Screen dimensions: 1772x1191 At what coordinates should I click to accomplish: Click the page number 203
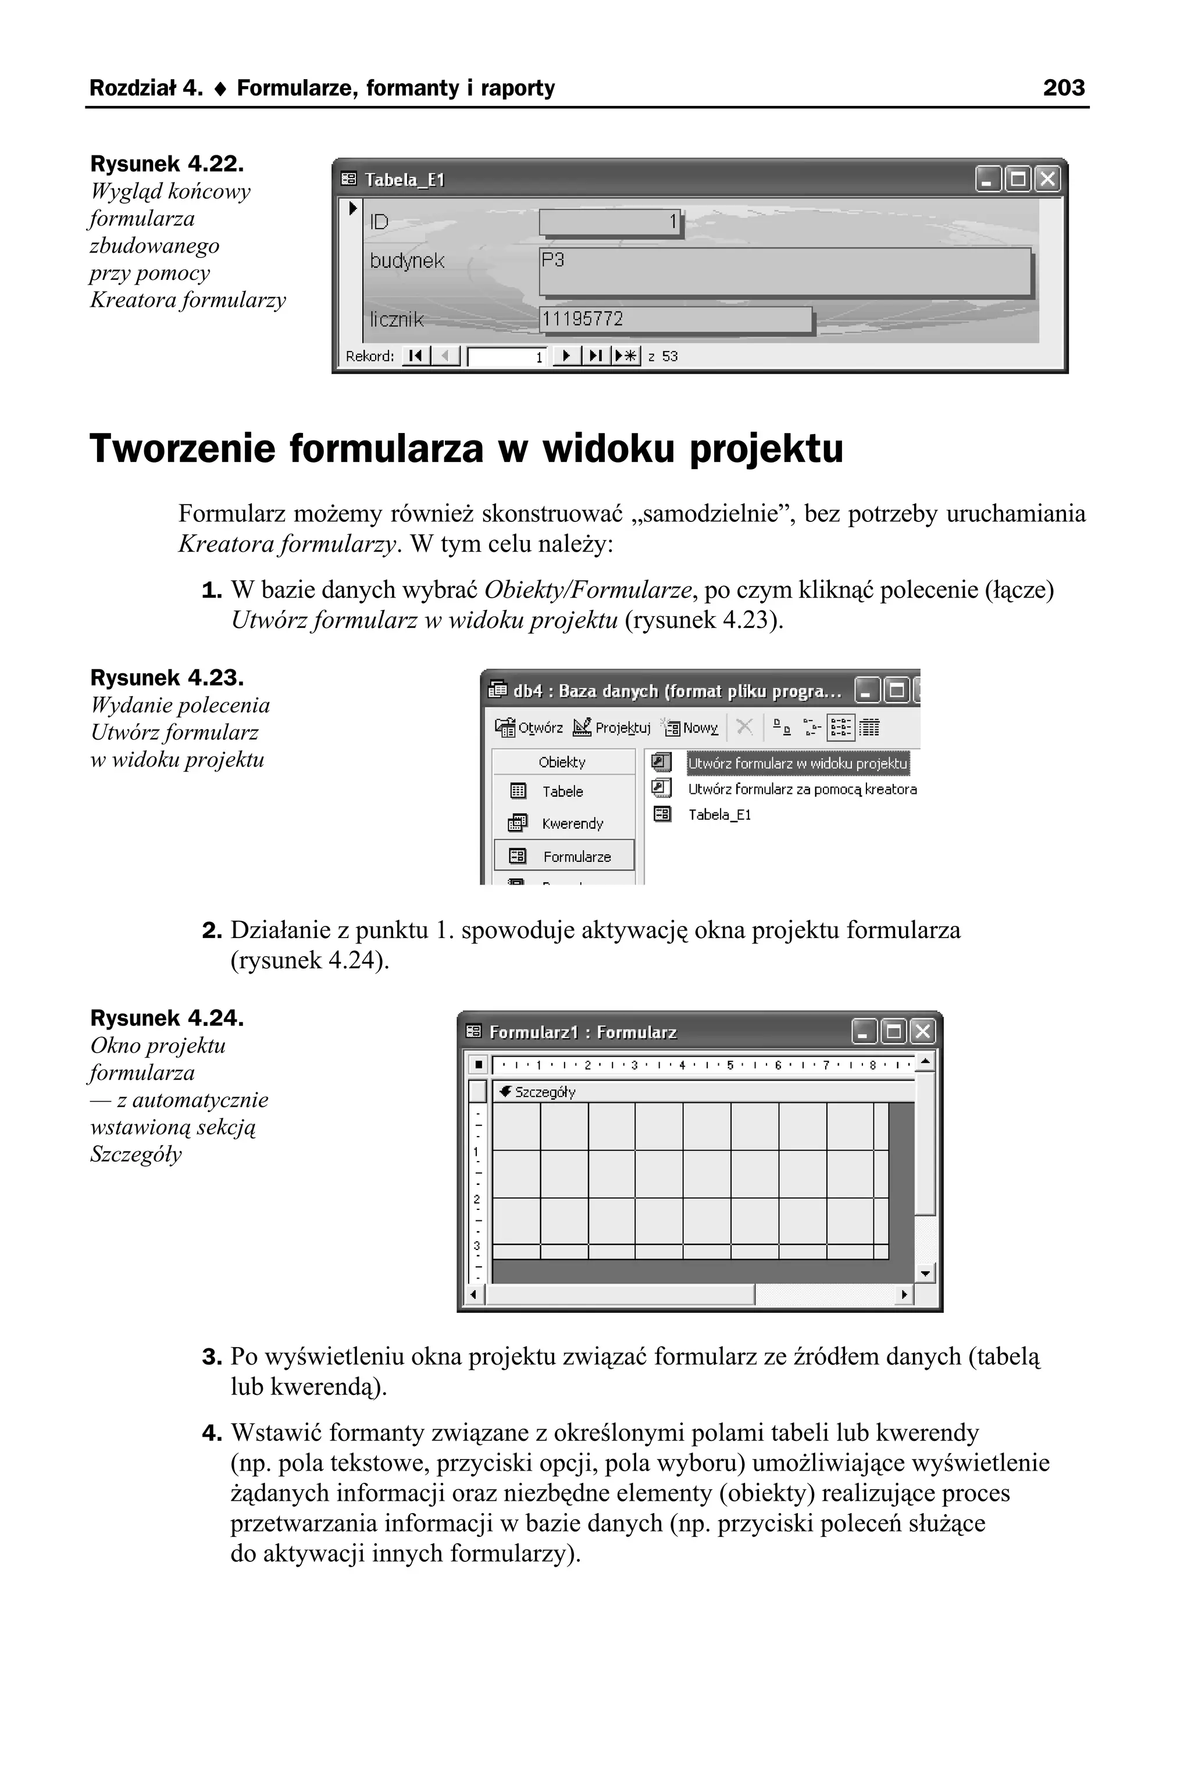(x=1064, y=88)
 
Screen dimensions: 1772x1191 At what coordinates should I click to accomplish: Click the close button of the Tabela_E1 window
(x=1047, y=179)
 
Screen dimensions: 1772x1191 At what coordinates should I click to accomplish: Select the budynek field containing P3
(x=784, y=271)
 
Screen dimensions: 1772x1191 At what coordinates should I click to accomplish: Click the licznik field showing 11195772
(x=675, y=319)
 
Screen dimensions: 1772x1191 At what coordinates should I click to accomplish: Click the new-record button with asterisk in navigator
(x=627, y=356)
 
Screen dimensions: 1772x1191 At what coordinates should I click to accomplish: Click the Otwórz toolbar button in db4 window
(x=529, y=728)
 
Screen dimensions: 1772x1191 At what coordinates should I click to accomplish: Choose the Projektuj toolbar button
(x=612, y=728)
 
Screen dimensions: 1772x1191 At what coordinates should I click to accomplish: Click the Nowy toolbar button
(x=692, y=728)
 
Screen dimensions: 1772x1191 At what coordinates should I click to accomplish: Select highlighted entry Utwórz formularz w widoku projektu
(x=797, y=764)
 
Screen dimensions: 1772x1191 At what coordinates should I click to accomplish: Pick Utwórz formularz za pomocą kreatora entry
(x=801, y=790)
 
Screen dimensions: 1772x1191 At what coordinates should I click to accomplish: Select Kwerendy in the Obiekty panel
(x=572, y=823)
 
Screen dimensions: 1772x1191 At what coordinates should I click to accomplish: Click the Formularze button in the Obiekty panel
(x=564, y=857)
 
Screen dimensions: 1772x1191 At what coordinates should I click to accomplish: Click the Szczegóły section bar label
(x=544, y=1092)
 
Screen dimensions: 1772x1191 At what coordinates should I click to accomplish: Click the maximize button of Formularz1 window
(x=893, y=1031)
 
